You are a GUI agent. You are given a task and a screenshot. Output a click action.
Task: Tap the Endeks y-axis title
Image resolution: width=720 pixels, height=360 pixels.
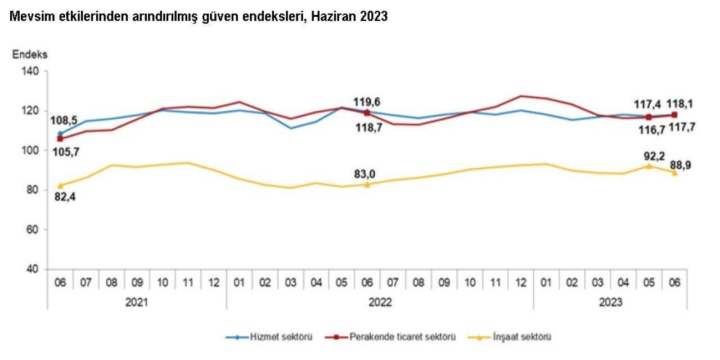pyautogui.click(x=30, y=55)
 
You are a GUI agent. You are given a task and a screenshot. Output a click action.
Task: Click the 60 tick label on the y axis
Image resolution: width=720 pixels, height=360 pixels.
pyautogui.click(x=33, y=229)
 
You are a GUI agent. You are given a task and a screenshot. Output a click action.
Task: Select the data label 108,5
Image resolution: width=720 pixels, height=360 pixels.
pyautogui.click(x=64, y=120)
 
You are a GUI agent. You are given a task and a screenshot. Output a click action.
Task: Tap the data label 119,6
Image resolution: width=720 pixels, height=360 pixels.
pyautogui.click(x=367, y=102)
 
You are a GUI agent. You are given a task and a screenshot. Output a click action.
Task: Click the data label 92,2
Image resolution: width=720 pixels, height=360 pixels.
pyautogui.click(x=650, y=153)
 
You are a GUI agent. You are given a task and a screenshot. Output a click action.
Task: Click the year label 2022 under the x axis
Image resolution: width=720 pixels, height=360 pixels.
pyautogui.click(x=380, y=303)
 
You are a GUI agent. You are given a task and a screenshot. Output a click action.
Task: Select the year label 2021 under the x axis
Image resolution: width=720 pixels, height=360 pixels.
pyautogui.click(x=137, y=303)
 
